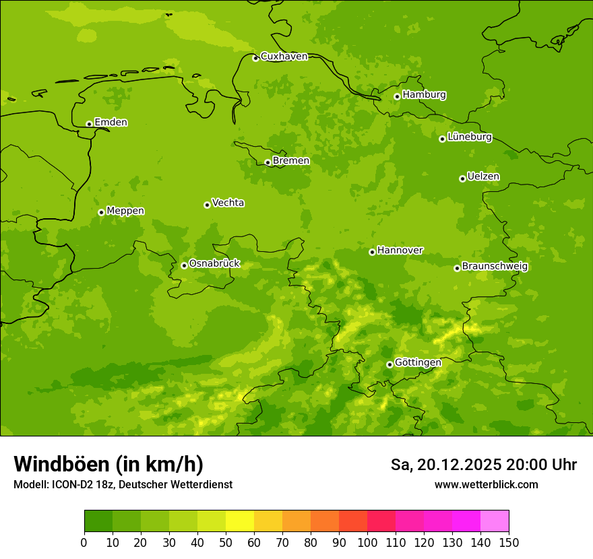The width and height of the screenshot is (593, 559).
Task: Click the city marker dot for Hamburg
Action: click(x=397, y=96)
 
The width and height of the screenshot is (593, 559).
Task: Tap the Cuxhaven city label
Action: click(x=284, y=57)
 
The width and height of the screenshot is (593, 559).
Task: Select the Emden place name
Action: click(x=111, y=123)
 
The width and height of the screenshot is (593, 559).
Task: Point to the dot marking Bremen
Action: click(x=268, y=162)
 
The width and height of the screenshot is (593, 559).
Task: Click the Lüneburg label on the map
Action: click(x=469, y=137)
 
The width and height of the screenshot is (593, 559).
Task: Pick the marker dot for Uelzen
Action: click(x=462, y=178)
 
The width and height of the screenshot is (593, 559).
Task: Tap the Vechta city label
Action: click(x=228, y=203)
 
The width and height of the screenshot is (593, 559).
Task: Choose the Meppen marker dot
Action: click(x=101, y=212)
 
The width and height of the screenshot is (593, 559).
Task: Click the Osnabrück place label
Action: click(x=214, y=263)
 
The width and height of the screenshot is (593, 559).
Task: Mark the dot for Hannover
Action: click(x=372, y=252)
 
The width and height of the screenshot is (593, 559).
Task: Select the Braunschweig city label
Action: click(x=495, y=267)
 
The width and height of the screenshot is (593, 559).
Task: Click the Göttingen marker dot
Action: click(x=389, y=364)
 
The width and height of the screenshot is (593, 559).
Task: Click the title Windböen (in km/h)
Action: click(x=108, y=465)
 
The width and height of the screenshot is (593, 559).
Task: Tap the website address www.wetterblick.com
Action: click(x=486, y=484)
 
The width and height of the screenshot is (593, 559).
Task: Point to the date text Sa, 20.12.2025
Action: click(x=445, y=465)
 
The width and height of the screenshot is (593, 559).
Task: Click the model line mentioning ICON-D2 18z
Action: click(x=123, y=484)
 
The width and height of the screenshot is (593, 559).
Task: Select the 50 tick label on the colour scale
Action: click(x=226, y=543)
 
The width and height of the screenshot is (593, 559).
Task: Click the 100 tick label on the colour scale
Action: click(x=367, y=543)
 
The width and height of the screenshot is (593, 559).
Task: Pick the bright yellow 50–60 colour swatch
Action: click(x=240, y=521)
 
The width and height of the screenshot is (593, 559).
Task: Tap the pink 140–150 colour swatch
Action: click(x=495, y=521)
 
